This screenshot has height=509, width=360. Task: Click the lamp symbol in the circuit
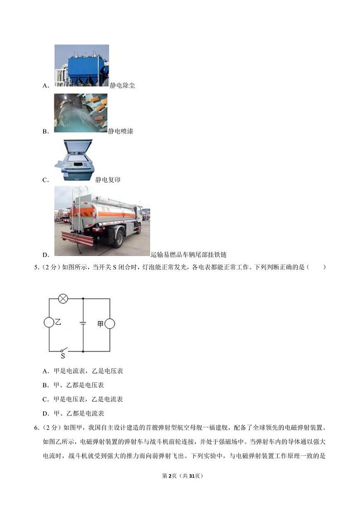click(x=64, y=299)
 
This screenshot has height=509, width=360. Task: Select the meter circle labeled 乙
click(x=49, y=323)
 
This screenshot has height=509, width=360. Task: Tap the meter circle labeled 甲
click(x=109, y=323)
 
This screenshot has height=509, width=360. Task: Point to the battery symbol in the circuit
click(x=83, y=323)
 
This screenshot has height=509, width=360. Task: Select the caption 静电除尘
click(x=122, y=85)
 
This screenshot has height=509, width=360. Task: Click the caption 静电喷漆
click(x=121, y=132)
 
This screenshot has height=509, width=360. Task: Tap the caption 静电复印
click(x=108, y=180)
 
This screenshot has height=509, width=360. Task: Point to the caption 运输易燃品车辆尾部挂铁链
click(x=188, y=255)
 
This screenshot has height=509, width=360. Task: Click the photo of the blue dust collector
click(x=82, y=65)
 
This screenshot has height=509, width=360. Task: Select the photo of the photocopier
click(x=73, y=161)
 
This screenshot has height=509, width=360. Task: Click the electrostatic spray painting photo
click(x=80, y=113)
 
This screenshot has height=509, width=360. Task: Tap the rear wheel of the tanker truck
click(x=118, y=237)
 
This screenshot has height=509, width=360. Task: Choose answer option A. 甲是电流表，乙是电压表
click(x=83, y=371)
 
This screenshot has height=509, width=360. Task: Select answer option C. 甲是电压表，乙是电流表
click(x=83, y=399)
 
